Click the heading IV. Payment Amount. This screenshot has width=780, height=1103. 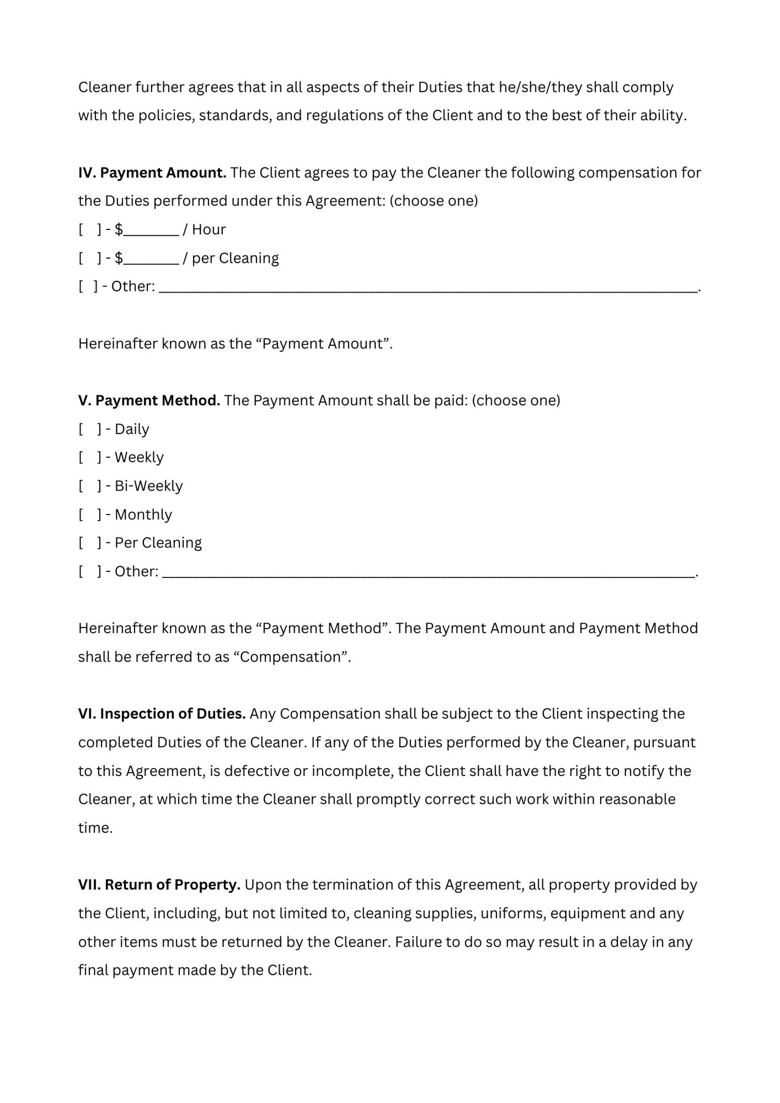152,173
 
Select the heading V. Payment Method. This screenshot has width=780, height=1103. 149,400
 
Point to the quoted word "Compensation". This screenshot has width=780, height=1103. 290,657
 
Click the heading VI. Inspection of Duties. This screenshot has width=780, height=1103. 162,714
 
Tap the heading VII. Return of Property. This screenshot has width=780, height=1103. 159,884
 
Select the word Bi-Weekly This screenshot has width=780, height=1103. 148,486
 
